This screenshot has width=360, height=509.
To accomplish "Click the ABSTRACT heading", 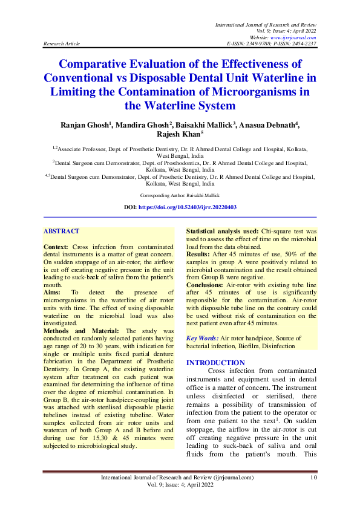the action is click(62, 232).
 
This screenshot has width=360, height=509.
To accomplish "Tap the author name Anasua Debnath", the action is click(264, 125).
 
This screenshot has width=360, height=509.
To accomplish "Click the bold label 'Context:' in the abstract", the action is click(57, 248).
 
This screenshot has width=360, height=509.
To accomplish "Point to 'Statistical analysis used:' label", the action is click(222, 232).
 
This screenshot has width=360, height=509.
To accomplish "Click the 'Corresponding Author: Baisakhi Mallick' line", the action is click(180, 196).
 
